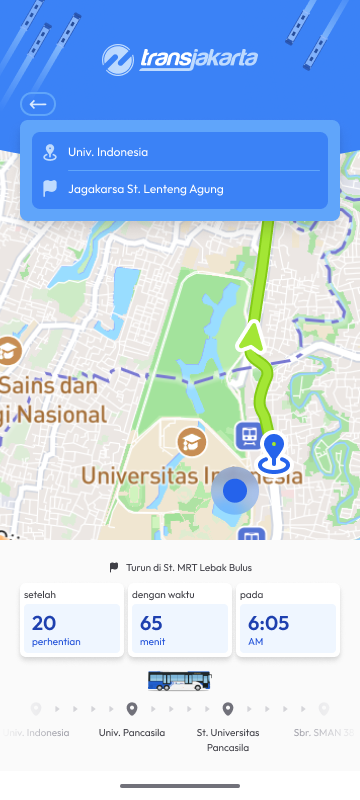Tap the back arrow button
pyautogui.click(x=38, y=104)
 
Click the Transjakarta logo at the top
pyautogui.click(x=180, y=60)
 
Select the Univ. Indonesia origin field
pyautogui.click(x=180, y=152)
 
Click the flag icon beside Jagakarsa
pyautogui.click(x=50, y=188)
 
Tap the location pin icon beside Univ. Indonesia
pyautogui.click(x=50, y=152)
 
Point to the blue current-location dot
pyautogui.click(x=236, y=490)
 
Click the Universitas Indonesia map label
pyautogui.click(x=190, y=476)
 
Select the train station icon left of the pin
pyautogui.click(x=249, y=435)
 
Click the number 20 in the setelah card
pyautogui.click(x=44, y=623)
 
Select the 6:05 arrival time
pyautogui.click(x=268, y=623)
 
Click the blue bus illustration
pyautogui.click(x=180, y=681)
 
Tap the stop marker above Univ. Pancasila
pyautogui.click(x=132, y=709)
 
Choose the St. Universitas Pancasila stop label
pyautogui.click(x=228, y=739)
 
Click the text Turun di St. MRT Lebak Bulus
pyautogui.click(x=188, y=567)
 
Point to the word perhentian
pyautogui.click(x=56, y=641)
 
